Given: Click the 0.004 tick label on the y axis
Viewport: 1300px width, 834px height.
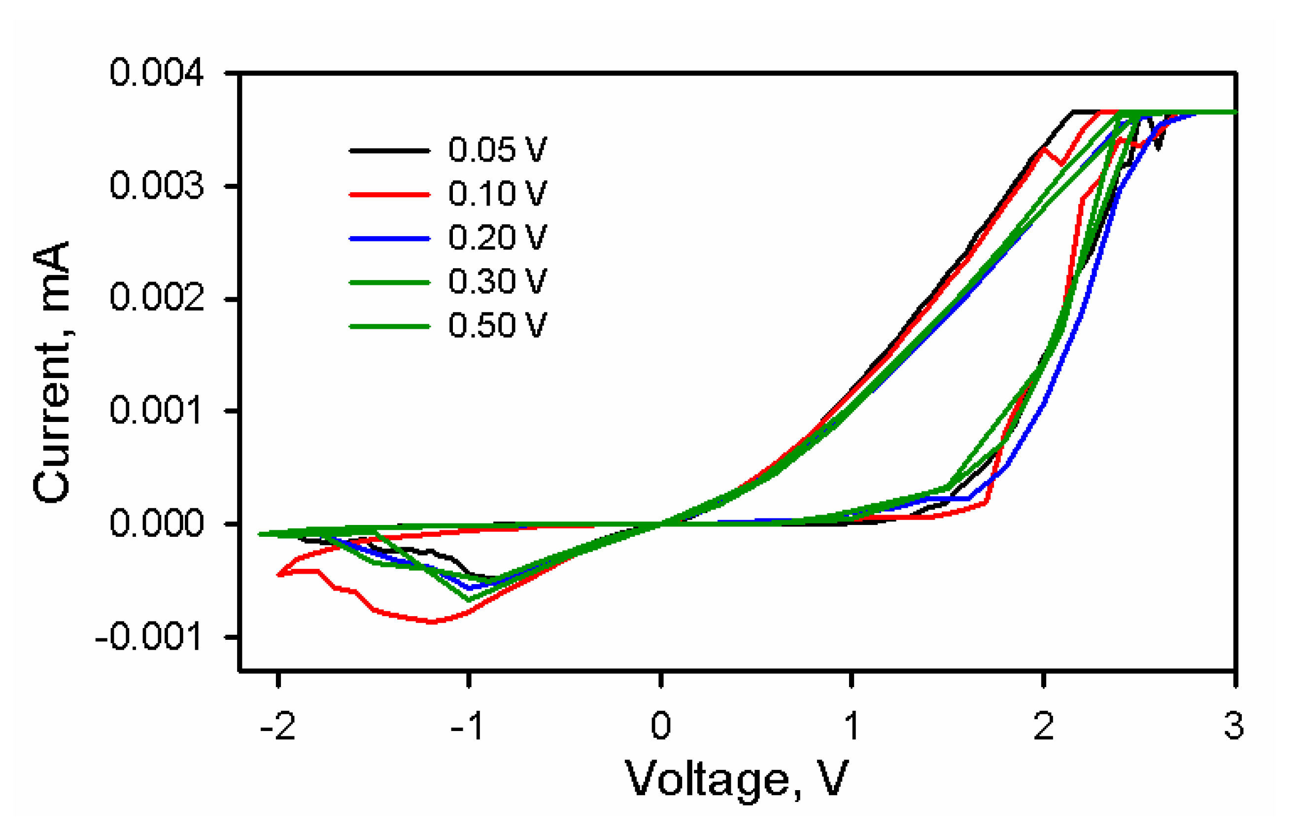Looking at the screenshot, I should pyautogui.click(x=157, y=72).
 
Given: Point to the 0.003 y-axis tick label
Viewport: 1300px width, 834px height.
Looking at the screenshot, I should pyautogui.click(x=157, y=186).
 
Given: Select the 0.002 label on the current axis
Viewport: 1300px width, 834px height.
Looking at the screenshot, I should pyautogui.click(x=157, y=298).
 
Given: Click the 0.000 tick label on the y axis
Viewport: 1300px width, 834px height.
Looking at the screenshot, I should pyautogui.click(x=157, y=523).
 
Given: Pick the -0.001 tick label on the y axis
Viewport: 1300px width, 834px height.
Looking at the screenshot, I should pyautogui.click(x=149, y=636).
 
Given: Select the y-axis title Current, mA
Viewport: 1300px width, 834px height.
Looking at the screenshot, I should pyautogui.click(x=53, y=373).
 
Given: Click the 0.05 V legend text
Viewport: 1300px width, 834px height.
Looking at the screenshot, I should pyautogui.click(x=497, y=150).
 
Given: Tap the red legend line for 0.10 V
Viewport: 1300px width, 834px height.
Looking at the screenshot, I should pyautogui.click(x=389, y=194).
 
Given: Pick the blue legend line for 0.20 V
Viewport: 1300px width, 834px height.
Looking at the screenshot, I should pyautogui.click(x=389, y=238).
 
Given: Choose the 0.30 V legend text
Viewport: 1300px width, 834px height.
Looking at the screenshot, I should pyautogui.click(x=497, y=281).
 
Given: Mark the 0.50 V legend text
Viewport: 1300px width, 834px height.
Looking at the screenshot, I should pyautogui.click(x=497, y=326).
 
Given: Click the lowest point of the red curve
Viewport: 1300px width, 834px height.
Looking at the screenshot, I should pyautogui.click(x=432, y=622).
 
